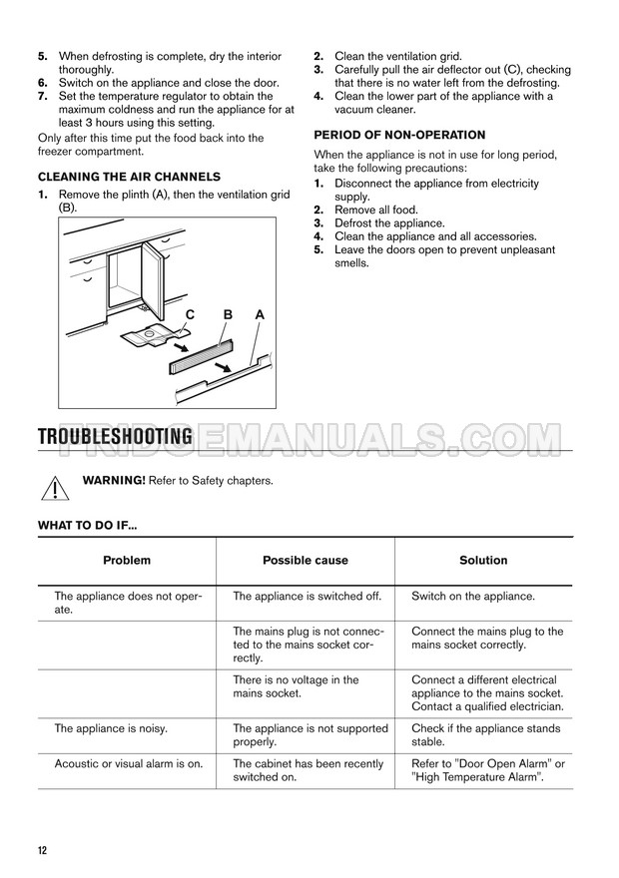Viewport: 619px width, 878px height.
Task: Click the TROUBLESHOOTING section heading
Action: pyautogui.click(x=115, y=437)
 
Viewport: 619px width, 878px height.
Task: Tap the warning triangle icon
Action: pyautogui.click(x=57, y=488)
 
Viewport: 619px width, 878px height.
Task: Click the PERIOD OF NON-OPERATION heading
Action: pyautogui.click(x=399, y=135)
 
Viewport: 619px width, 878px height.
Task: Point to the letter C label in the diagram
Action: pyautogui.click(x=189, y=314)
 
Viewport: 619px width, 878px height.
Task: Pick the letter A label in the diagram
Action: pyautogui.click(x=260, y=314)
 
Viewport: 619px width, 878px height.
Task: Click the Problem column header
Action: pyautogui.click(x=127, y=561)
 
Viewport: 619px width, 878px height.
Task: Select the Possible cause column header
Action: pyautogui.click(x=305, y=561)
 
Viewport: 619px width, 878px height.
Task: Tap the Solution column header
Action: pyautogui.click(x=483, y=561)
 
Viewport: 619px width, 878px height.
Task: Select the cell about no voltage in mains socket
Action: pyautogui.click(x=296, y=686)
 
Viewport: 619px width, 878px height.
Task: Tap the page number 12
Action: pyautogui.click(x=42, y=850)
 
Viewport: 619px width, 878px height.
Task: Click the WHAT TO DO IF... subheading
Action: pyautogui.click(x=88, y=525)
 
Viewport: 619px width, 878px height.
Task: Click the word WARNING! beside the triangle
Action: pyautogui.click(x=114, y=481)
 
